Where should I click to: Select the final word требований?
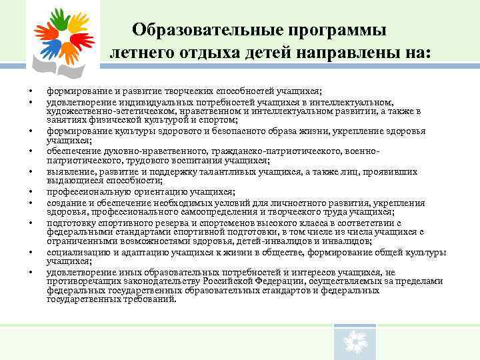point(147,299)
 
